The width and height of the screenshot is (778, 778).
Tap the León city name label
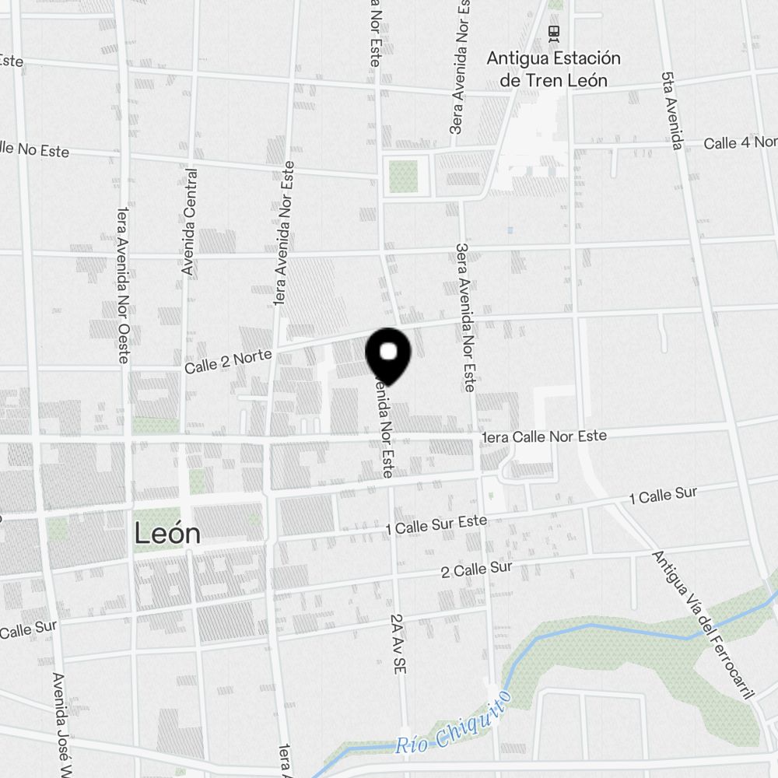[167, 534]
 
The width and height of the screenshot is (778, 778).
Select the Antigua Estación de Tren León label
[553, 68]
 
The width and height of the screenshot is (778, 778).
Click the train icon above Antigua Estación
[553, 32]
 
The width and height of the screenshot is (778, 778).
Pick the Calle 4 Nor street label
[739, 143]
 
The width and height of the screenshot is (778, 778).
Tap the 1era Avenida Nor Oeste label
[121, 285]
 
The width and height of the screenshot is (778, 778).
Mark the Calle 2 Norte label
[228, 361]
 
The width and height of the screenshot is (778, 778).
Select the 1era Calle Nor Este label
[544, 437]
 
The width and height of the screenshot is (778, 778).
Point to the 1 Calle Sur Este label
[436, 525]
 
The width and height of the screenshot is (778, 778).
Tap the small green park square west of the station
[403, 175]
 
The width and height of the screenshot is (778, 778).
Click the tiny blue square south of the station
[510, 230]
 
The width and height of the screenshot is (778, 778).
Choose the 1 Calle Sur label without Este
[663, 494]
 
